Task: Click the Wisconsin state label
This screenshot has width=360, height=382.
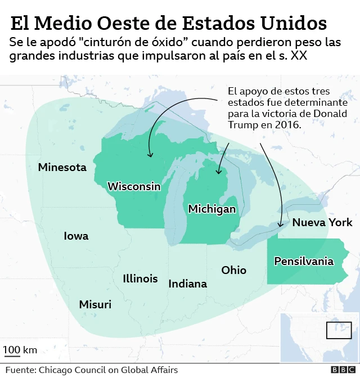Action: point(134,186)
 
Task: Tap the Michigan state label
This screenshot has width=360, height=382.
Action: point(212,209)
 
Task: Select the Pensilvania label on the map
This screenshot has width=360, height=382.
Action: point(304,261)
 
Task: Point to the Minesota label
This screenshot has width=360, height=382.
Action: point(62,167)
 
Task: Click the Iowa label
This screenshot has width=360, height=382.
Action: point(76,236)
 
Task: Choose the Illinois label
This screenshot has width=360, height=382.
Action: point(140,278)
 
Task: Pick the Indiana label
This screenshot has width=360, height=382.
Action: point(188,284)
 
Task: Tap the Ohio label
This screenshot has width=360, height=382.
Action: point(233,270)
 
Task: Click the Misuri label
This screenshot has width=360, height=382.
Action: point(95,304)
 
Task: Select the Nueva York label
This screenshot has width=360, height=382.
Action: point(322,222)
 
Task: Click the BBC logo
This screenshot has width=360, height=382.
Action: point(343,370)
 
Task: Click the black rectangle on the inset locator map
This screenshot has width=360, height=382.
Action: point(339,330)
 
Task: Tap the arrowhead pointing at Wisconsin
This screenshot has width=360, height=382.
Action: point(150,155)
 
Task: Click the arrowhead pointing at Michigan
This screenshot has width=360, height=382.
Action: point(219,172)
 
